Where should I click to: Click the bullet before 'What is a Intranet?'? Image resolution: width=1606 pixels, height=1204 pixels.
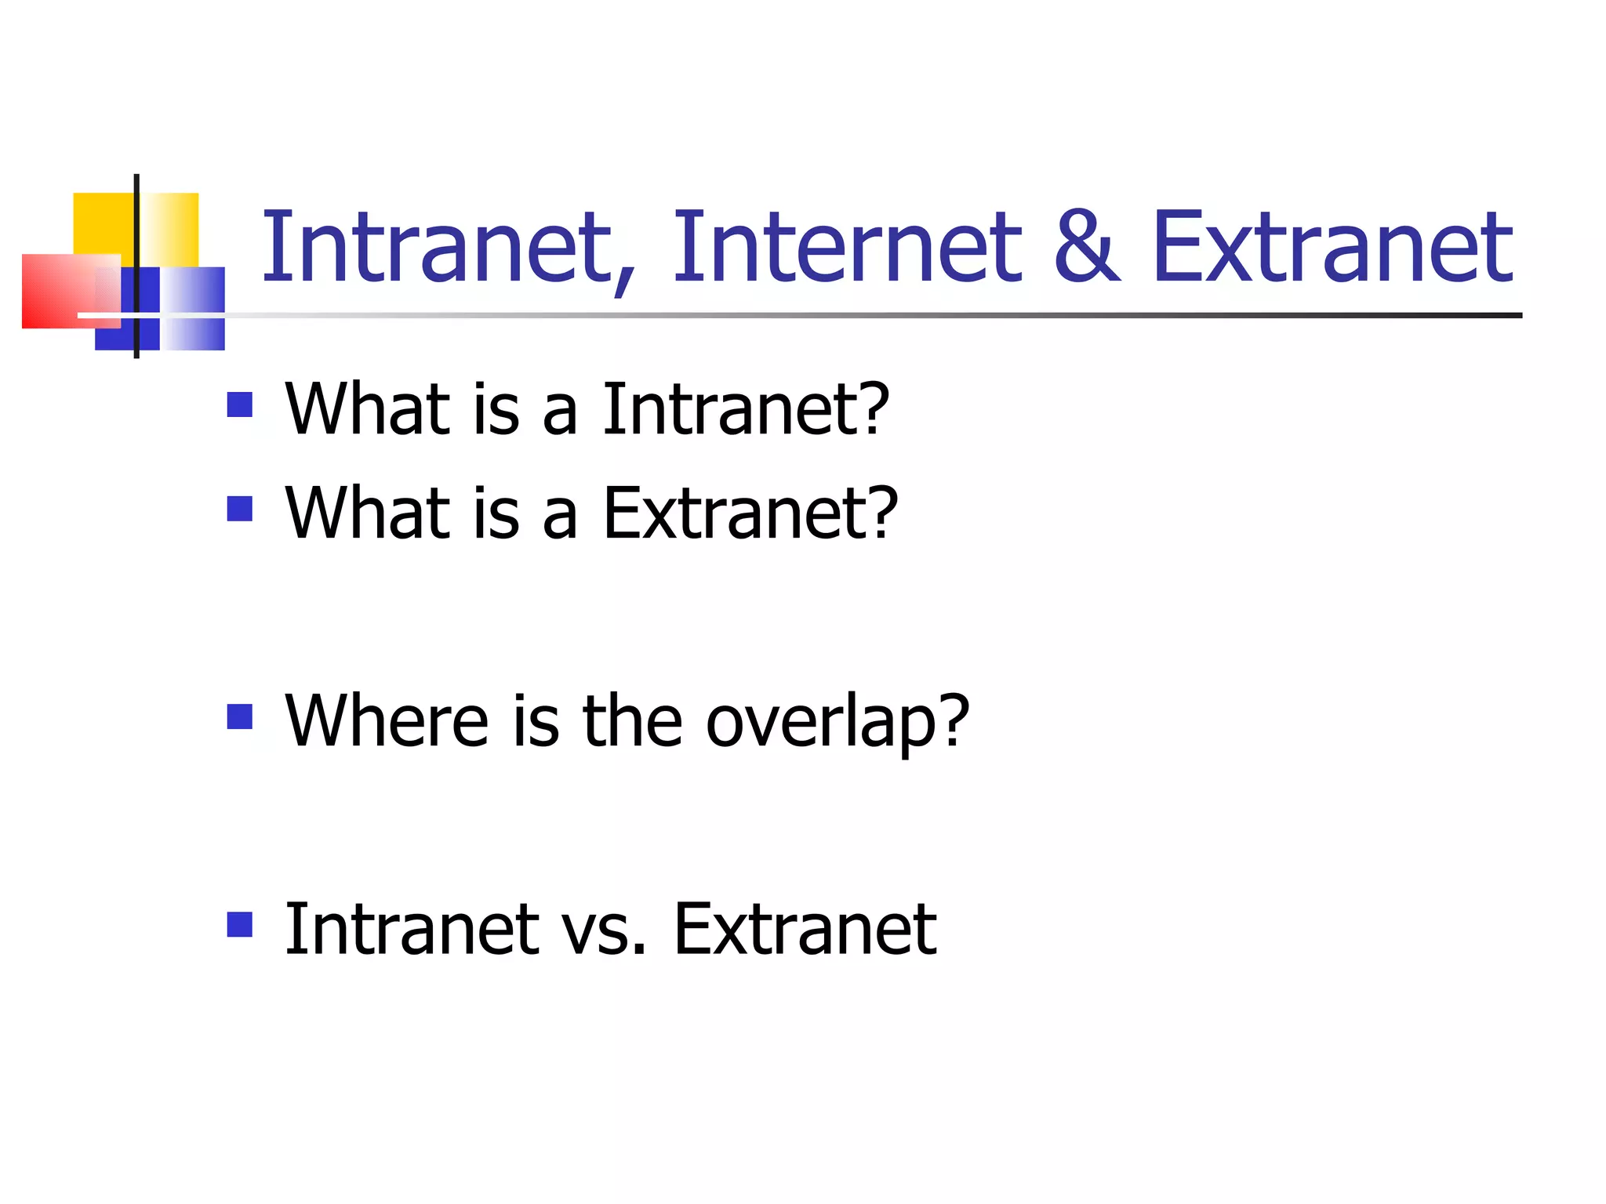(240, 405)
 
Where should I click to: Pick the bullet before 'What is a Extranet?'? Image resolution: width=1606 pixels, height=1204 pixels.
(240, 509)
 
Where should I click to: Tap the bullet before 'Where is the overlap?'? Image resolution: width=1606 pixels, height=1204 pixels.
(240, 716)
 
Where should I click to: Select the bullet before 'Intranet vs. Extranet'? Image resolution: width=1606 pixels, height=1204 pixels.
(240, 924)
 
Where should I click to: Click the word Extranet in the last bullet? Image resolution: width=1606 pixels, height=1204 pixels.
(805, 930)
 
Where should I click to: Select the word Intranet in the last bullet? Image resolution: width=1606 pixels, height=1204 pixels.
(412, 930)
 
